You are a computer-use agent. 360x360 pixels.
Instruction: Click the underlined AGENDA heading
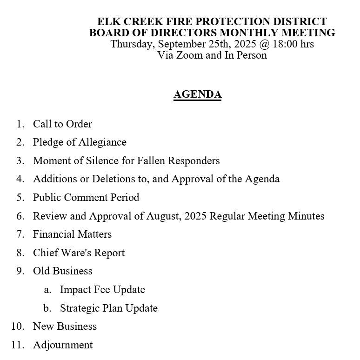tap(197, 94)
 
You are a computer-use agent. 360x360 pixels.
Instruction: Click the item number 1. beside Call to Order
tap(20, 124)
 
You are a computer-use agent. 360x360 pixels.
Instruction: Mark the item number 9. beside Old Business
tap(20, 271)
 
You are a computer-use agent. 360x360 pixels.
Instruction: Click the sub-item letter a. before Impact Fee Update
tap(47, 290)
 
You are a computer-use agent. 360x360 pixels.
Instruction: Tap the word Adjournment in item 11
tap(63, 345)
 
